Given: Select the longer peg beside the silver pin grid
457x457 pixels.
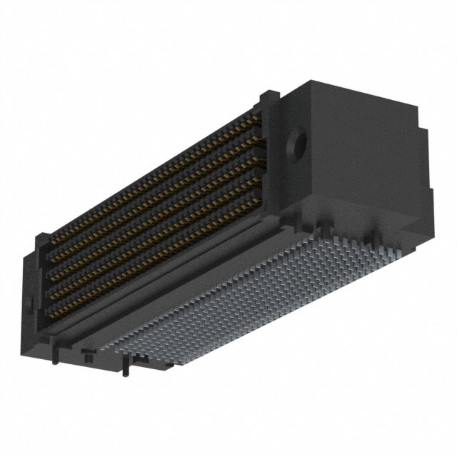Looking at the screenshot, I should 127,367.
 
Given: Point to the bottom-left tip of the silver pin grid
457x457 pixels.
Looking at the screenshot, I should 121,350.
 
